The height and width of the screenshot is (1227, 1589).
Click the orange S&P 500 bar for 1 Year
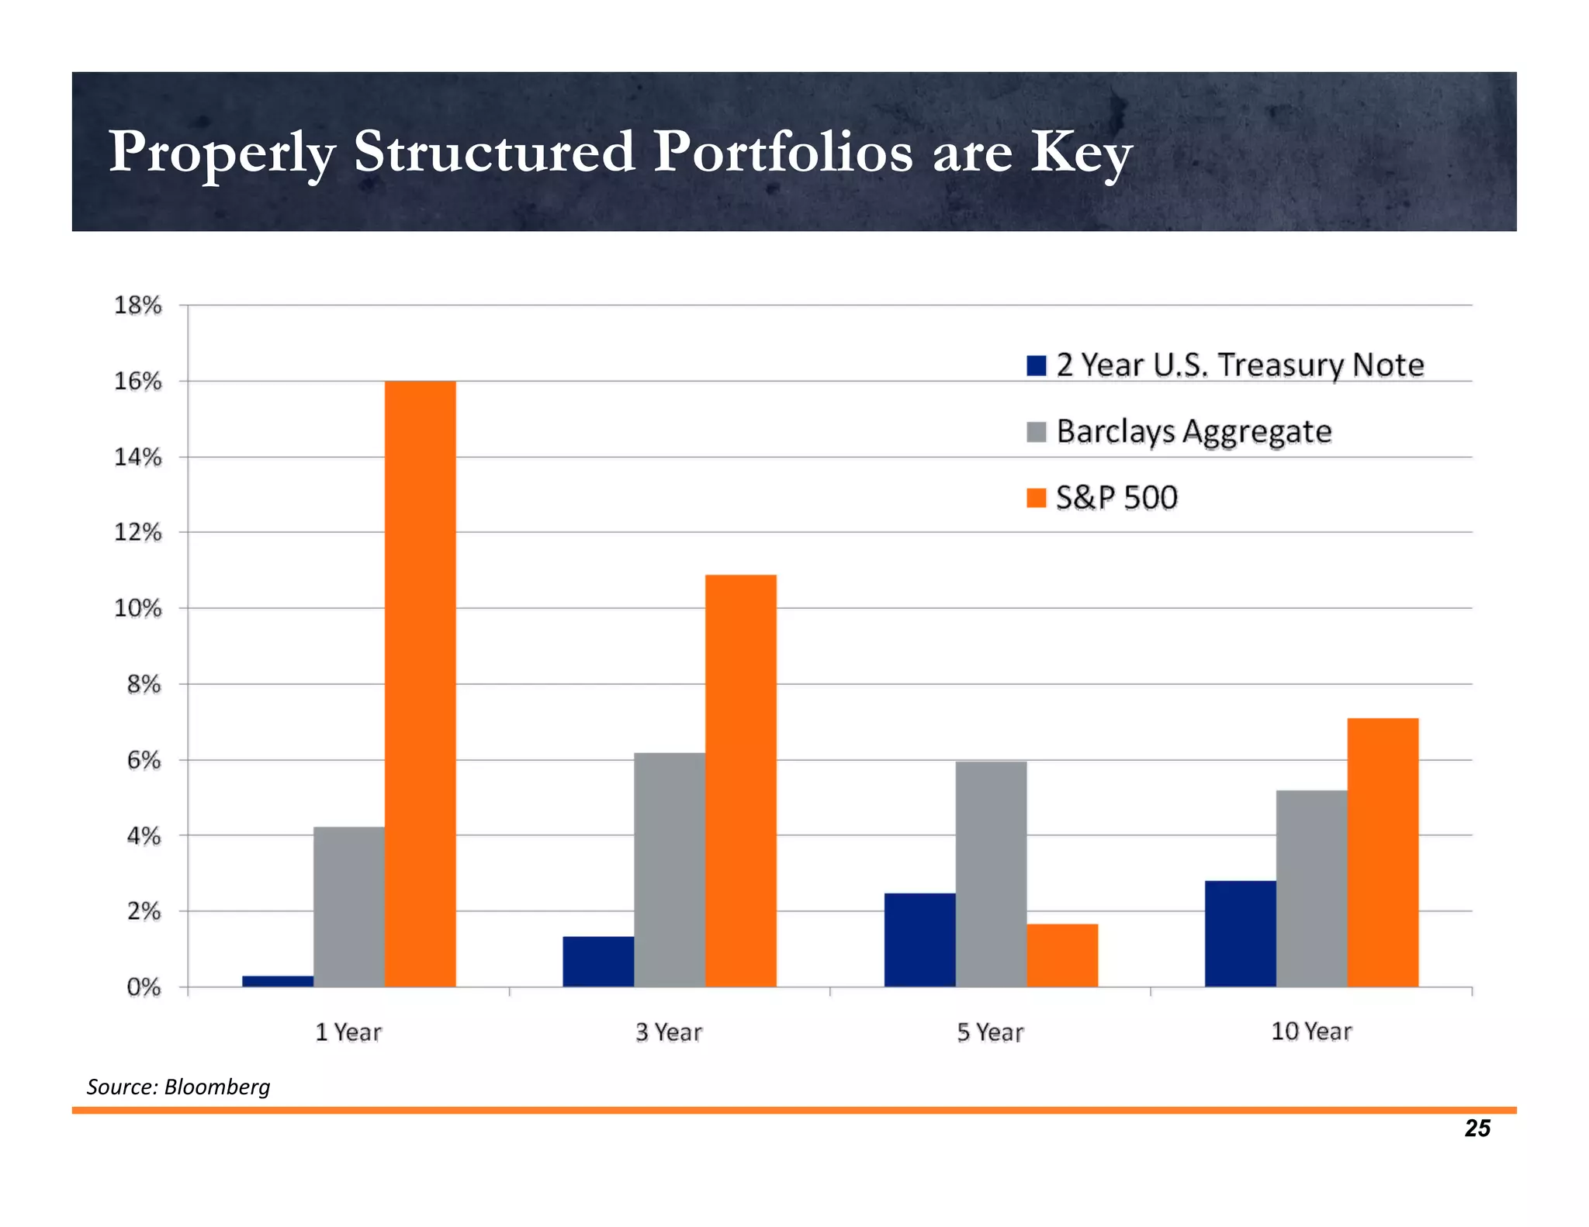420,683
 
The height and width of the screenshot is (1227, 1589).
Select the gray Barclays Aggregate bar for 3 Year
669,869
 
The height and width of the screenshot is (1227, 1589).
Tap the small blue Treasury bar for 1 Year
278,981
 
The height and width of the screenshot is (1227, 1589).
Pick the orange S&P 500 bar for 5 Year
1062,955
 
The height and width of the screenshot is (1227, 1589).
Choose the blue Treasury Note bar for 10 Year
1240,933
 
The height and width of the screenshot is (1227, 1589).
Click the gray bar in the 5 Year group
991,873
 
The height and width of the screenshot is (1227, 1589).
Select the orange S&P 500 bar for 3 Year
740,779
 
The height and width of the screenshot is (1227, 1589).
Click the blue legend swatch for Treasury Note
1036,365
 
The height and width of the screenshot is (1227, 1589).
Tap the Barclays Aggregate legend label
1193,431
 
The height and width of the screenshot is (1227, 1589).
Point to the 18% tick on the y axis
138,306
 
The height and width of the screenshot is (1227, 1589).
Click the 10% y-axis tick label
138,608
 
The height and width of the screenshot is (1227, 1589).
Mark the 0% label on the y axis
144,987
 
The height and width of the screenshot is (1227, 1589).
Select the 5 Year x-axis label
990,1032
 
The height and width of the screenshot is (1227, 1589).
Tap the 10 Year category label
1311,1032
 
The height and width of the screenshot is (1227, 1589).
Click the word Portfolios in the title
782,152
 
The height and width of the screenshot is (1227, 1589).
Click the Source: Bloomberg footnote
178,1087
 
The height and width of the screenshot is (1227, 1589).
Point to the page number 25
1477,1128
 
